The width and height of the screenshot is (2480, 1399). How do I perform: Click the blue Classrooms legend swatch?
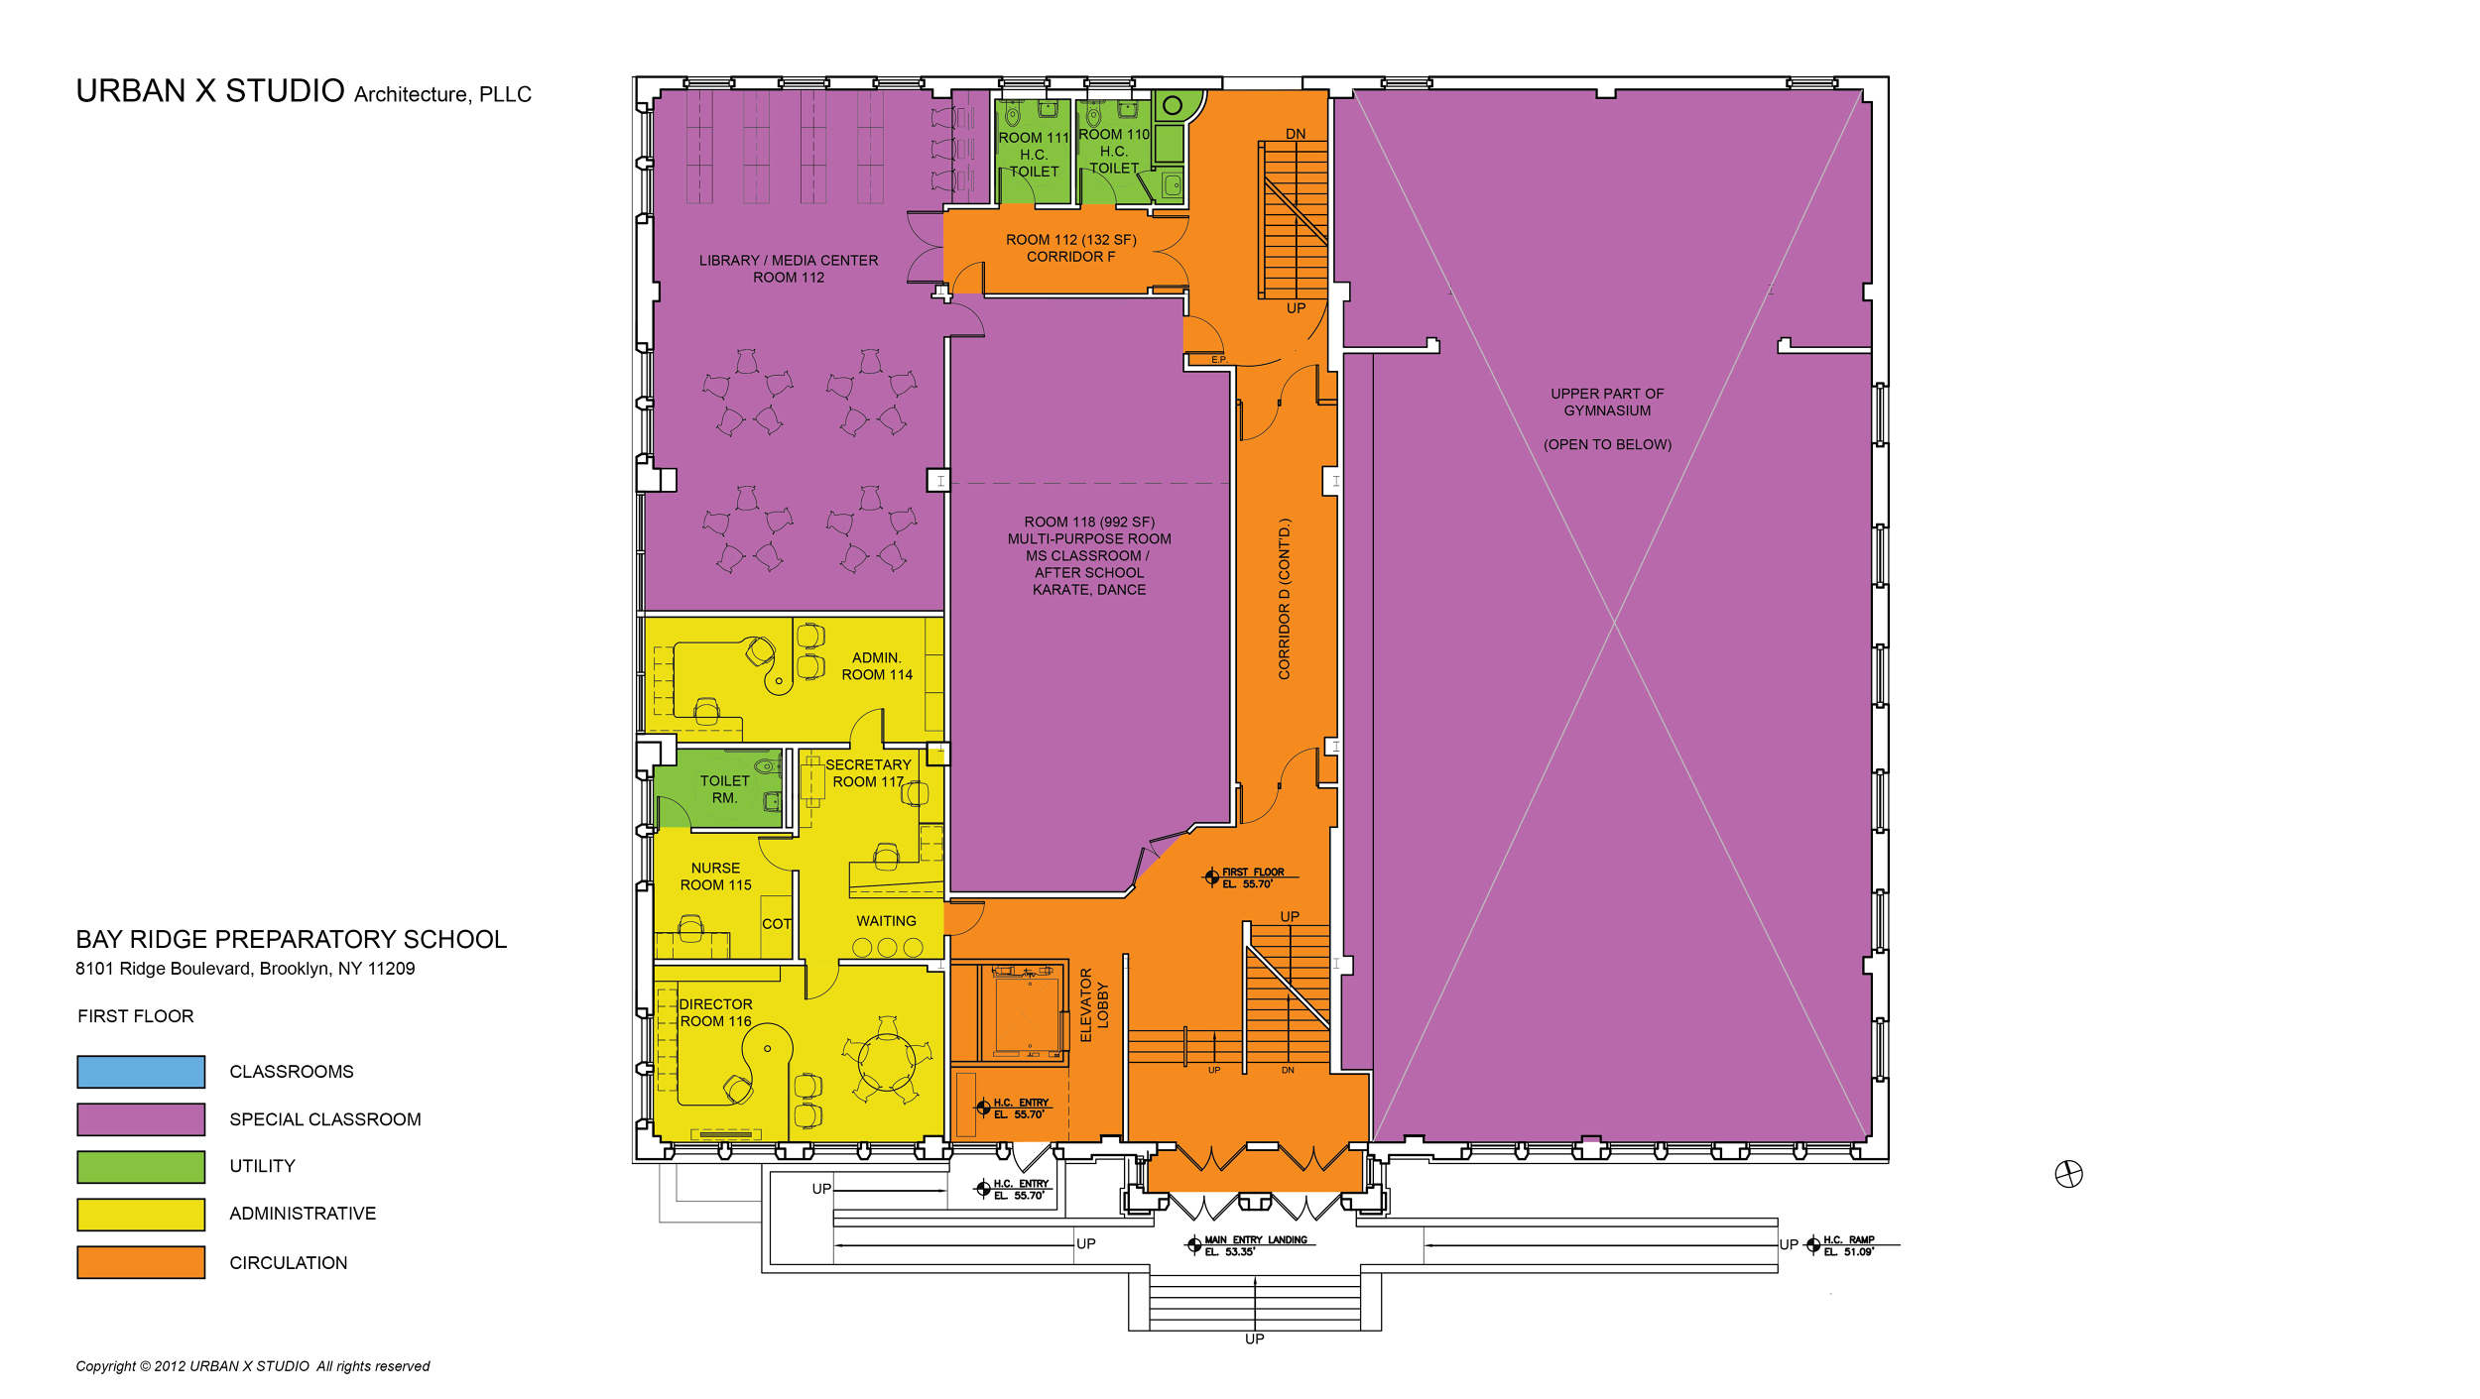(141, 1072)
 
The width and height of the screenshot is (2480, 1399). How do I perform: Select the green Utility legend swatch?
(141, 1167)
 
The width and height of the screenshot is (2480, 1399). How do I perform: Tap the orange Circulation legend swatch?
(141, 1262)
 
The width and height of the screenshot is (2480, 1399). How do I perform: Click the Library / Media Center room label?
(788, 269)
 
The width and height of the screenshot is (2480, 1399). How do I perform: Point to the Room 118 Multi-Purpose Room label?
(1089, 555)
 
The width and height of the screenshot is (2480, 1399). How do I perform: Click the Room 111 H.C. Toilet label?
(1034, 155)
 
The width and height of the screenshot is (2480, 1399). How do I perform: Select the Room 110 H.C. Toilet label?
(1114, 151)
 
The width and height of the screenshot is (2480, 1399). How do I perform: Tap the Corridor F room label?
(1070, 248)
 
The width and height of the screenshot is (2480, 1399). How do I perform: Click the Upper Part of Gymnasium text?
(1607, 402)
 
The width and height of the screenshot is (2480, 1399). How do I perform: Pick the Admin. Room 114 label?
(877, 666)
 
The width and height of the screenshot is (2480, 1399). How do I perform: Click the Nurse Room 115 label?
(715, 876)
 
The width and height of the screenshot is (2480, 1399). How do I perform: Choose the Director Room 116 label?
(715, 1012)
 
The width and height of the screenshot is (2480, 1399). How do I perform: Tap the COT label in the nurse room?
(776, 924)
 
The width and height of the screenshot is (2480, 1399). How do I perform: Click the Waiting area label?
(886, 921)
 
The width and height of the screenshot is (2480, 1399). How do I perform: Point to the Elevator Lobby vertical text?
(1093, 1005)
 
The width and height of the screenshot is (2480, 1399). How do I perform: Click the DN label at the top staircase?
(1296, 134)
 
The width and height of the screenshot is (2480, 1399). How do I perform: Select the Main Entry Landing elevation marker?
(1194, 1245)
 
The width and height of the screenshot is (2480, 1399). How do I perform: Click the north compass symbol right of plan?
(2068, 1174)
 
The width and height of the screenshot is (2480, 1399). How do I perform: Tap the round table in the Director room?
(886, 1062)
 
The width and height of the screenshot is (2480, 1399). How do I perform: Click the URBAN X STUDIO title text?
(210, 91)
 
